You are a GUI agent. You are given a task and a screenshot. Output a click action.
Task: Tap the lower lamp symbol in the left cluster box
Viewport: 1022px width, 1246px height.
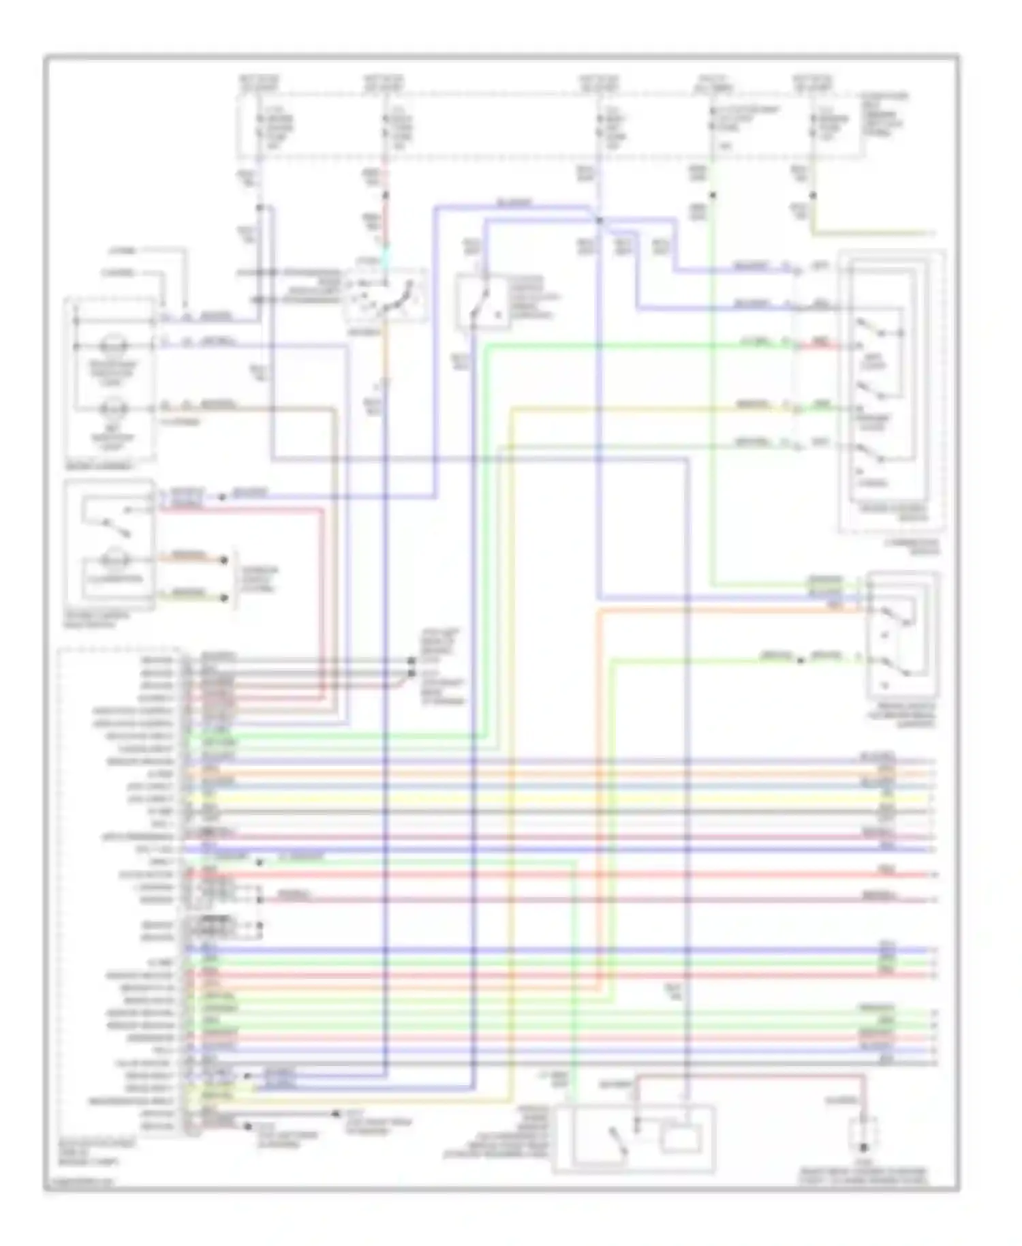click(x=111, y=410)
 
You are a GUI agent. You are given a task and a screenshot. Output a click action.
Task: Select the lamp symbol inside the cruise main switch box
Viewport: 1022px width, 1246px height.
click(x=112, y=560)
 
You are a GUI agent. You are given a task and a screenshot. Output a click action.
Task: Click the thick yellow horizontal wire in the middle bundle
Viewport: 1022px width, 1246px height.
click(x=545, y=798)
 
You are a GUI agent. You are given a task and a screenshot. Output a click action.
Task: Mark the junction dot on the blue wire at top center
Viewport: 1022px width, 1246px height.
click(x=599, y=220)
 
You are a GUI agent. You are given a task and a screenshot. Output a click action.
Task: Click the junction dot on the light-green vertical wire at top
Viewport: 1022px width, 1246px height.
click(x=713, y=196)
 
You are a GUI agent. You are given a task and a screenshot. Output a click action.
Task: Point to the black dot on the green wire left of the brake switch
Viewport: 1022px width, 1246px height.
click(x=801, y=659)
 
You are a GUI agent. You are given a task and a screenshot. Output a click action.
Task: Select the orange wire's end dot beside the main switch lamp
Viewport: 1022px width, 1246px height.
click(x=224, y=560)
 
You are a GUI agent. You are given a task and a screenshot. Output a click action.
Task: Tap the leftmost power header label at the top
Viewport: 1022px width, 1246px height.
click(x=259, y=84)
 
